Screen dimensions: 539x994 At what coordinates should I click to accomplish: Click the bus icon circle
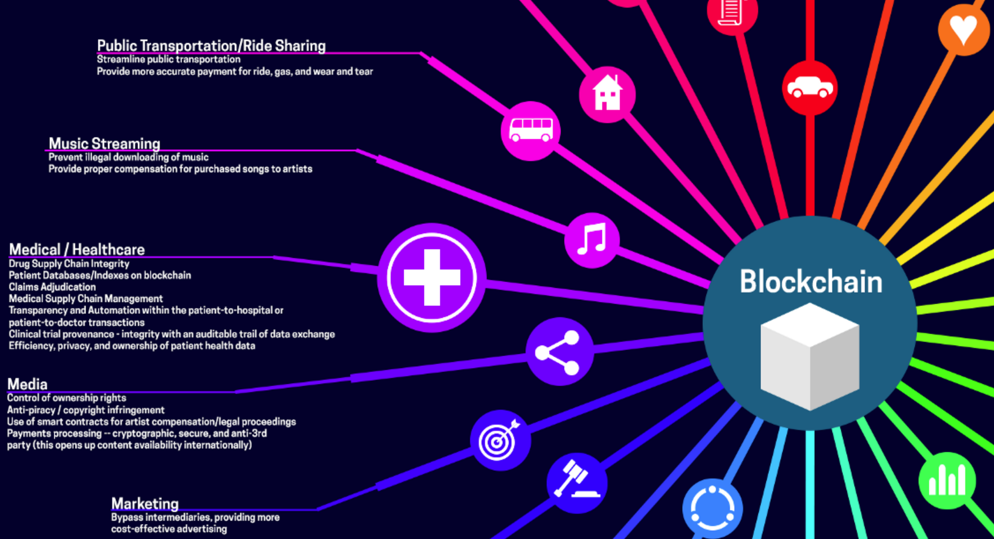tap(530, 130)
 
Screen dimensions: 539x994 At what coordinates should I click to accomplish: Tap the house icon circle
tap(607, 95)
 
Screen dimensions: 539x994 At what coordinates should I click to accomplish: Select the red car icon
tap(810, 88)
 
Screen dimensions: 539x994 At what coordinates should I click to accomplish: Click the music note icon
tap(592, 240)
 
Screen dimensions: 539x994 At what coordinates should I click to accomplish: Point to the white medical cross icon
tap(432, 277)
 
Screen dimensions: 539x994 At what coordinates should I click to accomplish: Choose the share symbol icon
tap(559, 351)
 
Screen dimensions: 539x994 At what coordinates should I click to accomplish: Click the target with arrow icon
tap(500, 440)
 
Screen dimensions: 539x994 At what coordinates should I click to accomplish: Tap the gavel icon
tap(576, 482)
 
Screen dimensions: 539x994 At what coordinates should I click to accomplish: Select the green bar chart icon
tap(947, 480)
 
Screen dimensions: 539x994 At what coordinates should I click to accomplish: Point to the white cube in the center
tap(810, 356)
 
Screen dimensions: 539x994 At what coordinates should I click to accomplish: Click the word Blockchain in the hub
tap(811, 282)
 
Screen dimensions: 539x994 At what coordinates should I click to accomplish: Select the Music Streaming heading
tap(104, 143)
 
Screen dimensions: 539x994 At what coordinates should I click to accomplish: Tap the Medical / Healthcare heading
tap(76, 249)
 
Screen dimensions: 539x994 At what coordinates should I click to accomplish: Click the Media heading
tap(27, 384)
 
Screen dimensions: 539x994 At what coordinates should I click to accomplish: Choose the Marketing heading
tap(145, 504)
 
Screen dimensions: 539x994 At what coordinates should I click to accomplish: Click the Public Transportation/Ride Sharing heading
tap(211, 46)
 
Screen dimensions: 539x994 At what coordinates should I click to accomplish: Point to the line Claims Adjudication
tap(52, 287)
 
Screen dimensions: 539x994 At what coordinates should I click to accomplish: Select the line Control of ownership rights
tap(66, 398)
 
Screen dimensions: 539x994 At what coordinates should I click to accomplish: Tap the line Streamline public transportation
tap(168, 59)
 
